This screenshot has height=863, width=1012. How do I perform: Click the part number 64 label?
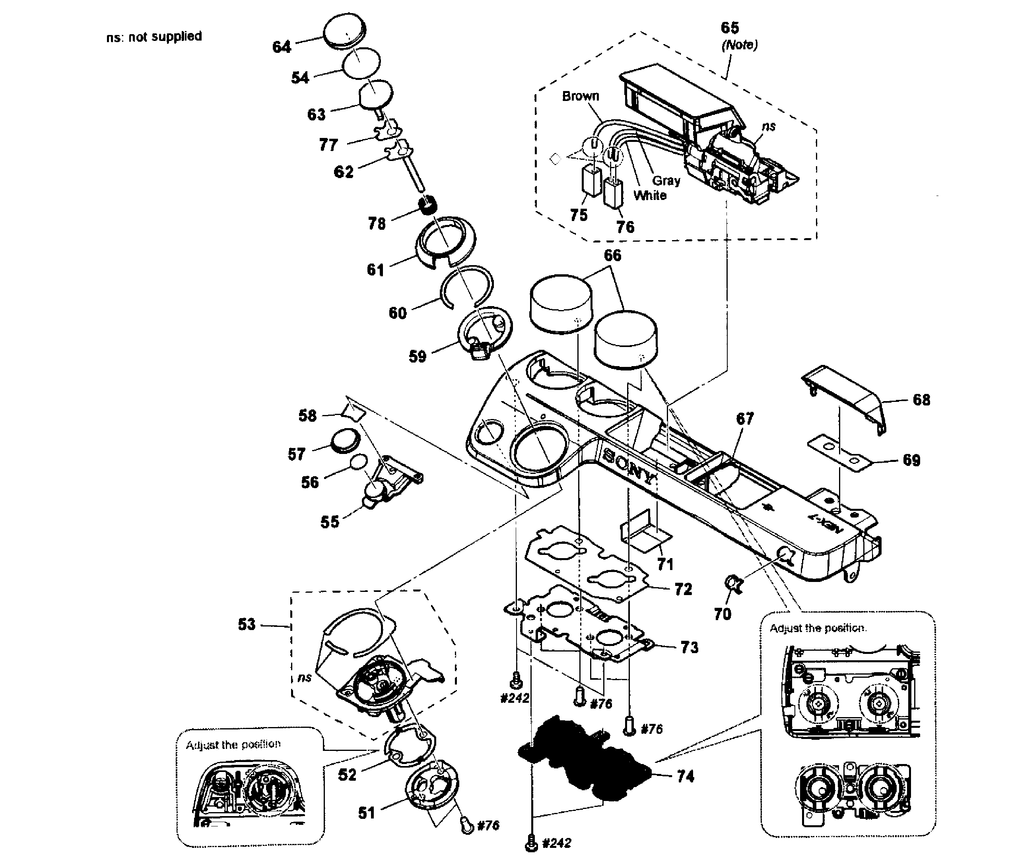pos(281,47)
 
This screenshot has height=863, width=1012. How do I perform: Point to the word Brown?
pos(580,96)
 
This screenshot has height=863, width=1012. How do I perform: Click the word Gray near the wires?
pos(666,180)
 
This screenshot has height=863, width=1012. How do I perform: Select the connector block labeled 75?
pos(591,180)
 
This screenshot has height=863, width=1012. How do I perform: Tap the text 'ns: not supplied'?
pos(154,37)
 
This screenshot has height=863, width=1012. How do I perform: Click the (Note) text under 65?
pos(740,45)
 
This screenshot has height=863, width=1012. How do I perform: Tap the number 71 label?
pos(665,564)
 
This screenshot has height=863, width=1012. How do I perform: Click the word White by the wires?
pos(650,195)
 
